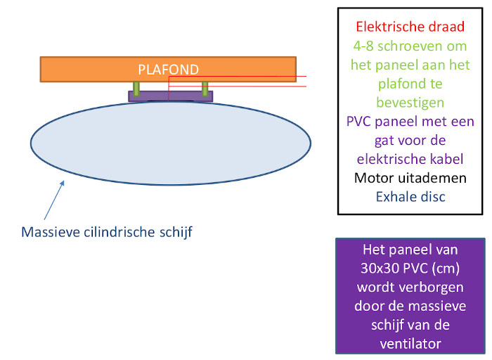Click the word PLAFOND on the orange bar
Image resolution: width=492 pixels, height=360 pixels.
[x=169, y=70]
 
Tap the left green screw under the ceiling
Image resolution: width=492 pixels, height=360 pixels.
[x=136, y=89]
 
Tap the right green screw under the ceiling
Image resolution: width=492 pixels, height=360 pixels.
[x=205, y=89]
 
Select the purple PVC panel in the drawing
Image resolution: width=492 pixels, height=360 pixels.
[x=170, y=96]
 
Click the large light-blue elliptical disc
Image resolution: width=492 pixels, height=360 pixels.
[x=171, y=143]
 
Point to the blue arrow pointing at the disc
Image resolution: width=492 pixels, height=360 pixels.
[x=54, y=200]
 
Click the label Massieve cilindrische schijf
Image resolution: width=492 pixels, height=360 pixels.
[x=107, y=232]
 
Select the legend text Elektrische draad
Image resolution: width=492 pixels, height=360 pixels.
[x=410, y=27]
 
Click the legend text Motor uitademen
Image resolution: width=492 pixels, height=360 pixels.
[x=410, y=178]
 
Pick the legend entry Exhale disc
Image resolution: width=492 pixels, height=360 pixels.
[x=410, y=197]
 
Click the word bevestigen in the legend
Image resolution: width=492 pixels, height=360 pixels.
[x=410, y=103]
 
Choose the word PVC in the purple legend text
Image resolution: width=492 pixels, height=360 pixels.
[x=359, y=122]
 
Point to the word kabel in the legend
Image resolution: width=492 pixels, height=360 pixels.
[x=448, y=159]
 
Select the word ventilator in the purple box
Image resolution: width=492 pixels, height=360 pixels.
[x=410, y=344]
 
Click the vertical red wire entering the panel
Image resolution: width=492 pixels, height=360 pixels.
[x=169, y=89]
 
